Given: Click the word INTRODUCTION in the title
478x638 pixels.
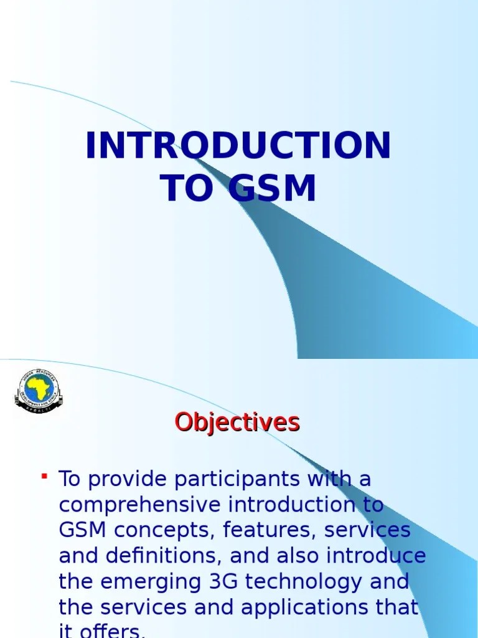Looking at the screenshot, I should click(238, 146).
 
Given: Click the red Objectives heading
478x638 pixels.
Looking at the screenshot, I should click(237, 422).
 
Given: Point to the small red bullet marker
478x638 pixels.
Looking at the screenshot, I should click(45, 477).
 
